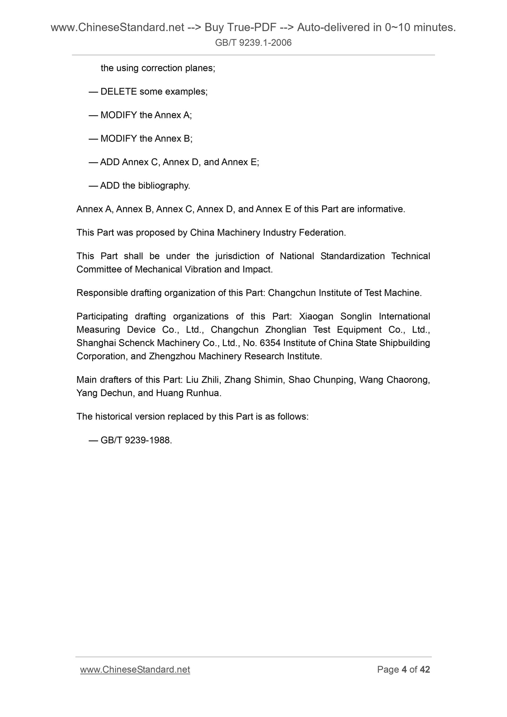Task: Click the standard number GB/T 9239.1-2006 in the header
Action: (253, 43)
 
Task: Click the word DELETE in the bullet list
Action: (118, 92)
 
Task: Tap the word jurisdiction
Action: (238, 256)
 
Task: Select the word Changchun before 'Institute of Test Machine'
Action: (292, 293)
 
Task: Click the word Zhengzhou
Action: (172, 356)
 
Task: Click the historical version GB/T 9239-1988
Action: (136, 440)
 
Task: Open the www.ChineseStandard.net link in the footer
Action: (135, 670)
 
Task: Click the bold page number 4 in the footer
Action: (404, 670)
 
